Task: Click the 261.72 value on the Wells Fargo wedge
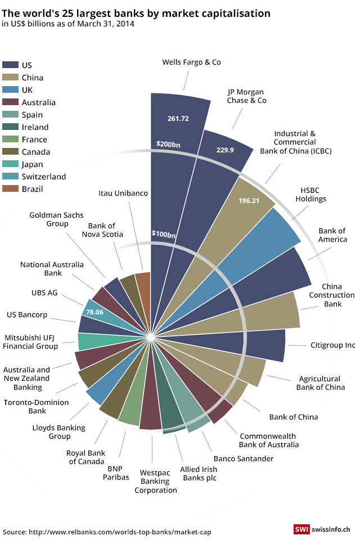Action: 178,119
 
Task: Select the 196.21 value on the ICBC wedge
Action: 249,200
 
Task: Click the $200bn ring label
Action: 169,144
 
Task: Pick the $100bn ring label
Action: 164,234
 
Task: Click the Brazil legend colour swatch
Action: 11,189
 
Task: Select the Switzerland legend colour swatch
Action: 11,177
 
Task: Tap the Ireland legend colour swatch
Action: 11,127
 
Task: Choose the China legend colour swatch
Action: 11,78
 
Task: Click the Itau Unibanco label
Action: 123,193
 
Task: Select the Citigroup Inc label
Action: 333,345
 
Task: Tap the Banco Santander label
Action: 244,458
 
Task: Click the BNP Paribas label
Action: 115,472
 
